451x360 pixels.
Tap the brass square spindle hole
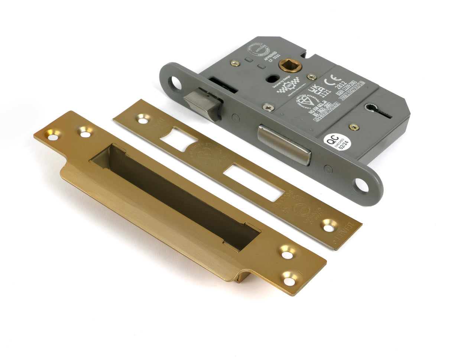[x=290, y=65]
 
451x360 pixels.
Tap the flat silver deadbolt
[x=284, y=144]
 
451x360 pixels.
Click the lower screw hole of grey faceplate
[x=361, y=185]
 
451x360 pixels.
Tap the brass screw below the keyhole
[x=354, y=127]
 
